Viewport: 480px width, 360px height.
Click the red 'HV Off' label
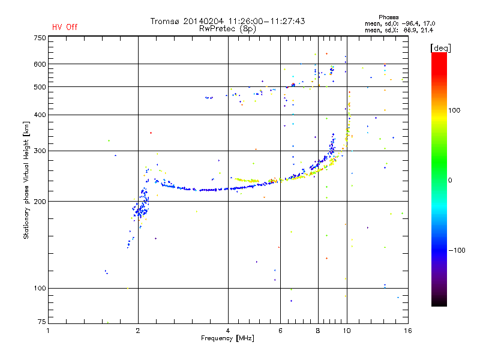click(x=65, y=27)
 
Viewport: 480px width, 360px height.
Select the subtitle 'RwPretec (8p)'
click(x=227, y=29)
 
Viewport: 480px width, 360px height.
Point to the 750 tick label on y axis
click(x=40, y=38)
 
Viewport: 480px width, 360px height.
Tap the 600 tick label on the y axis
click(x=40, y=64)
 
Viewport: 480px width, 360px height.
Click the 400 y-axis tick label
click(x=40, y=115)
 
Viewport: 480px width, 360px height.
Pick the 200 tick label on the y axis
click(x=40, y=202)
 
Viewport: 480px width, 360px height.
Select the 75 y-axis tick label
click(x=42, y=322)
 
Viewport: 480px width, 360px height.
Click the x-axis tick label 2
click(x=138, y=331)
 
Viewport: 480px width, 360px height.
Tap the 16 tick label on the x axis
click(x=408, y=331)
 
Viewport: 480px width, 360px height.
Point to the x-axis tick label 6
click(x=280, y=331)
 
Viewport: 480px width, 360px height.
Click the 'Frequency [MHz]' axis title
click(x=228, y=338)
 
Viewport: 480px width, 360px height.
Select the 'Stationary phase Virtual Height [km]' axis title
click(x=26, y=181)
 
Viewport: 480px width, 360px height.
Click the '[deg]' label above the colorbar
click(x=440, y=48)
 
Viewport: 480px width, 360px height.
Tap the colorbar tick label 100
click(x=454, y=110)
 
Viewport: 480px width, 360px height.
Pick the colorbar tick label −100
click(x=457, y=250)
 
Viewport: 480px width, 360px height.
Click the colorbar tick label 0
click(x=450, y=181)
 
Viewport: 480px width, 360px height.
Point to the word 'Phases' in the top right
click(x=388, y=17)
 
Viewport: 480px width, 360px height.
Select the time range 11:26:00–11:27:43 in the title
click(x=266, y=21)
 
